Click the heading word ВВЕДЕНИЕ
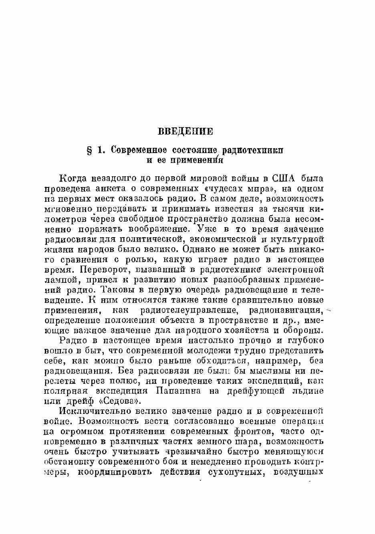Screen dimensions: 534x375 point(185,131)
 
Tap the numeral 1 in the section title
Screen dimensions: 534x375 point(101,151)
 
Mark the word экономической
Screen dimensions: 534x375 point(220,239)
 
